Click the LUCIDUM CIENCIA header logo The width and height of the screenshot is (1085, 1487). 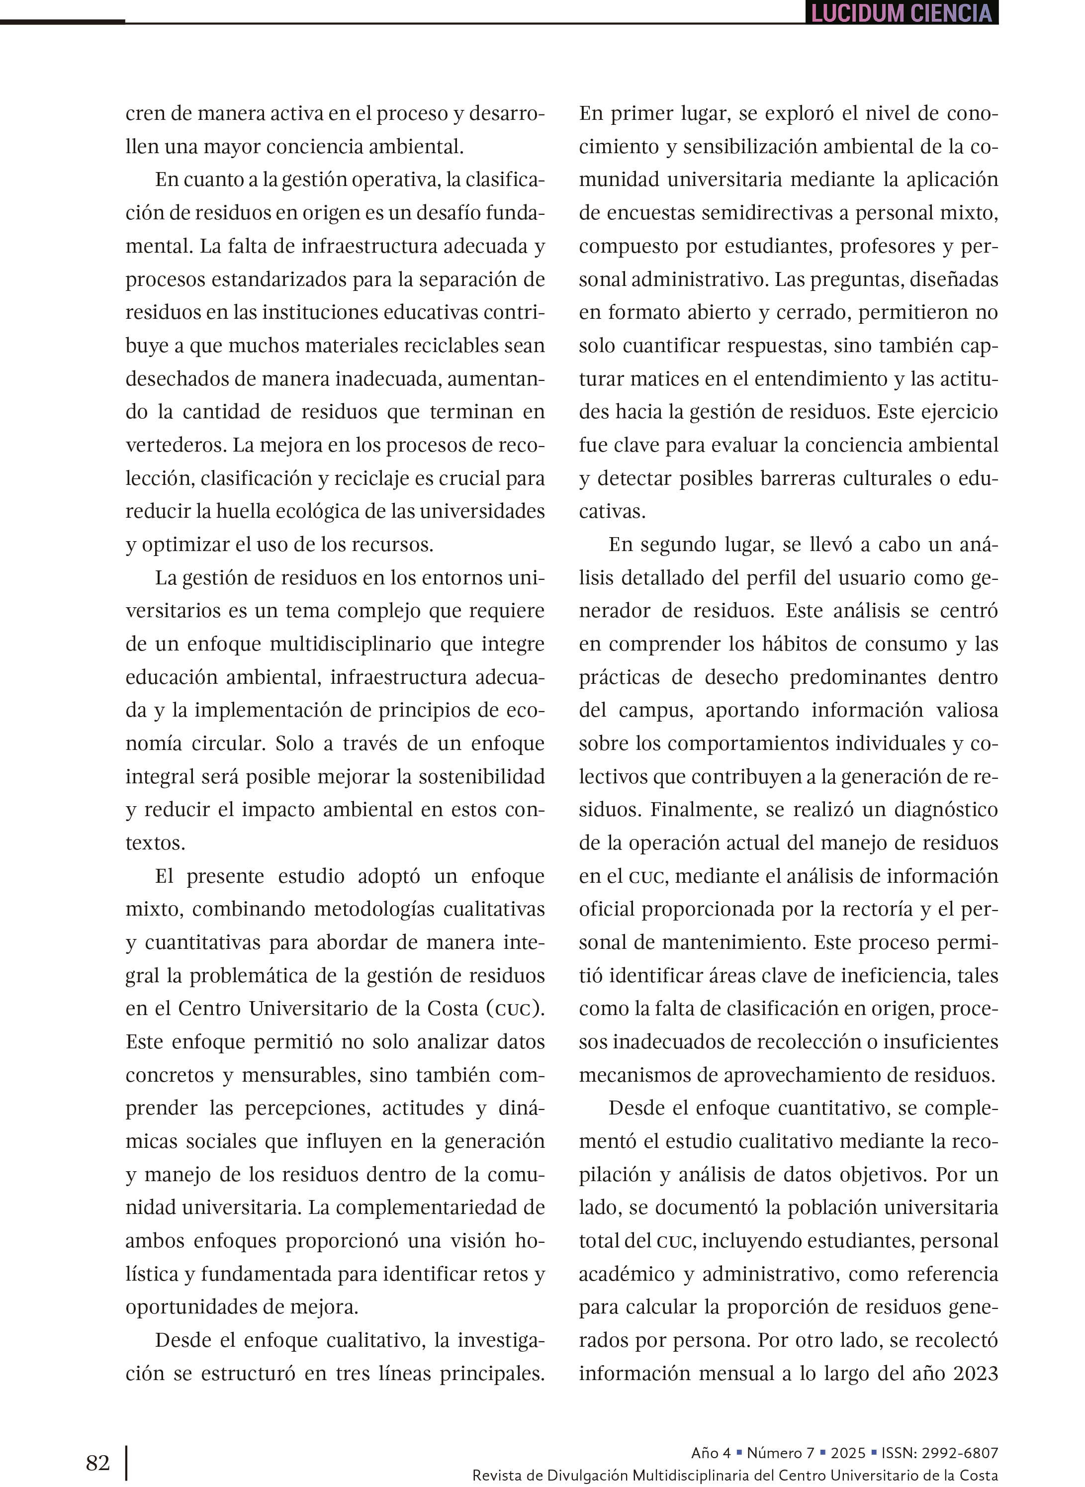(901, 12)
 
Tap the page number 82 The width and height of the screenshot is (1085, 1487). (98, 1462)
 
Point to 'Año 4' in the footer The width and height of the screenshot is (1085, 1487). (711, 1453)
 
